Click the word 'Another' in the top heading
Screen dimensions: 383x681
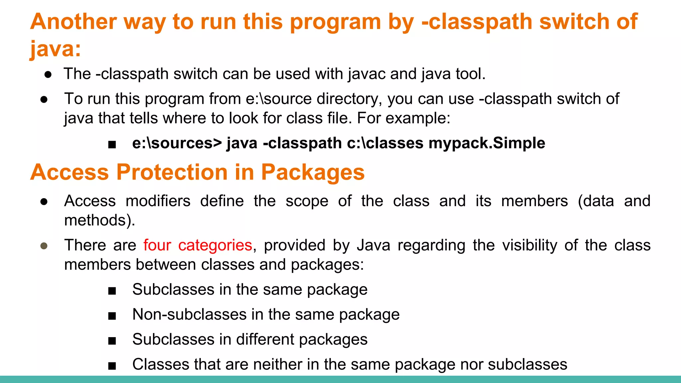[x=73, y=22]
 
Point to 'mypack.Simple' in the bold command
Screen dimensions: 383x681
[x=487, y=143]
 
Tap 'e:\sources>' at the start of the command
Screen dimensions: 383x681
[x=177, y=143]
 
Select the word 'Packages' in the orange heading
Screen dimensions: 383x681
[x=313, y=172]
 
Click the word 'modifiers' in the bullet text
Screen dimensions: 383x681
[x=158, y=201]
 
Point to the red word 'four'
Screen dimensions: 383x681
[x=157, y=245]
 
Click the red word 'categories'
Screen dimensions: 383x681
[x=215, y=245]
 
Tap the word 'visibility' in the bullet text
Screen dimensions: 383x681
[x=529, y=245]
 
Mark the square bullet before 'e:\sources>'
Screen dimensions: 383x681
[x=112, y=144]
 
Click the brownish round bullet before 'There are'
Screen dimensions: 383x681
[x=44, y=246]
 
